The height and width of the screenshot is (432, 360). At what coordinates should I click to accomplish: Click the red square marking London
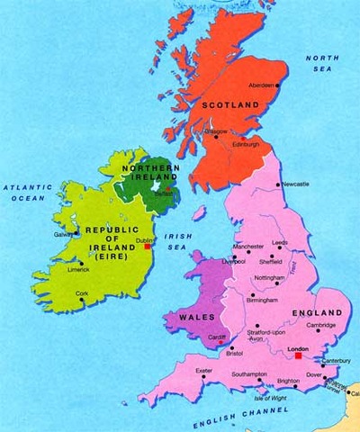(x=299, y=355)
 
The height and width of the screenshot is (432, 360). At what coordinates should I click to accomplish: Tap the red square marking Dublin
(x=148, y=247)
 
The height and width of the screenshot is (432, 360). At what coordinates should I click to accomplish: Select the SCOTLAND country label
(x=230, y=105)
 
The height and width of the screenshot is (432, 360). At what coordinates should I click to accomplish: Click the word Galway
(x=65, y=234)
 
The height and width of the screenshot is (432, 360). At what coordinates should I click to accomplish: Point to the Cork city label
(x=83, y=293)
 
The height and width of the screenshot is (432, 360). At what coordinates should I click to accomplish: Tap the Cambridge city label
(x=319, y=325)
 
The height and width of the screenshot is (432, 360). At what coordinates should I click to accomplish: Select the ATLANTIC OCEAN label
(x=29, y=193)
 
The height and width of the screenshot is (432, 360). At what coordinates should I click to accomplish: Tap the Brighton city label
(x=289, y=382)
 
